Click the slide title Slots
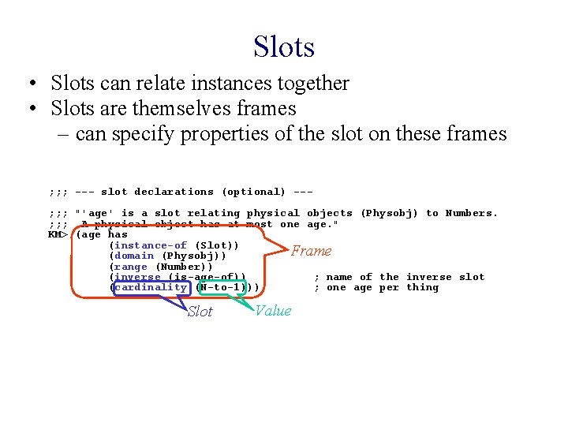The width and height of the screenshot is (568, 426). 284,47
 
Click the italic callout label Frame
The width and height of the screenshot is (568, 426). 312,251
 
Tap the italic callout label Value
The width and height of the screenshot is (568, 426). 273,311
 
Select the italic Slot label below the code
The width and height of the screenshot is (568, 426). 200,312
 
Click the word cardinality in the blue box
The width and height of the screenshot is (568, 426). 151,287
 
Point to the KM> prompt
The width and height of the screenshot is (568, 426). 58,234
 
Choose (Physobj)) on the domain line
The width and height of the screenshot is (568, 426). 194,256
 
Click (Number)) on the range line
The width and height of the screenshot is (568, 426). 185,267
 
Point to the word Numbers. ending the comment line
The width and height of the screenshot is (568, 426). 472,213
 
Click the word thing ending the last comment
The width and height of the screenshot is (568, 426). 423,287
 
